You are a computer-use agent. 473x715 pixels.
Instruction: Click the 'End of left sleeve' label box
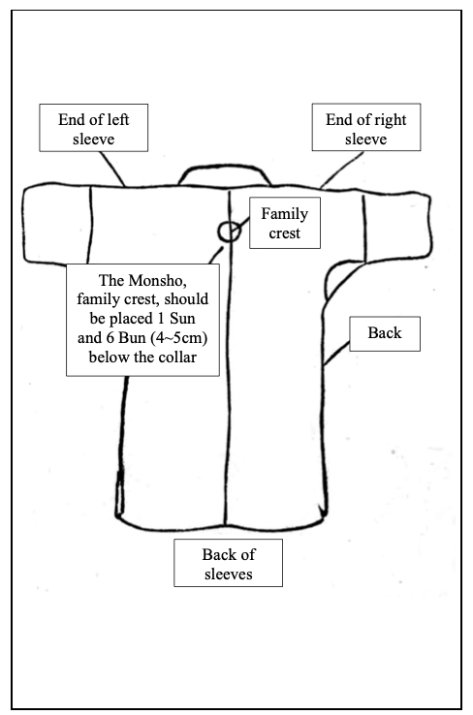pos(93,128)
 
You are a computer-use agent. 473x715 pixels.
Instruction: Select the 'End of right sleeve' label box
pos(366,127)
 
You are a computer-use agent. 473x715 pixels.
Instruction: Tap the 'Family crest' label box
pos(285,223)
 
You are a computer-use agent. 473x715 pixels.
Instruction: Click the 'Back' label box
pos(385,334)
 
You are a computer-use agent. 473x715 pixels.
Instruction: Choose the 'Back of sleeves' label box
pos(228,563)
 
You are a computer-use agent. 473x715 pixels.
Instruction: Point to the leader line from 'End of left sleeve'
pos(112,169)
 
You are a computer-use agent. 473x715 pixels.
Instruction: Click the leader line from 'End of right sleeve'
pos(342,170)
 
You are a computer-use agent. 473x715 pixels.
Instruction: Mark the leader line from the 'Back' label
pos(336,354)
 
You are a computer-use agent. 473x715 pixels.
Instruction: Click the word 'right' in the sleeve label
pos(389,120)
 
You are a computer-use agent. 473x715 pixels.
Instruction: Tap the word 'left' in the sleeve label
pos(118,119)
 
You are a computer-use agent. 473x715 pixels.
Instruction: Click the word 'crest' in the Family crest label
pos(285,233)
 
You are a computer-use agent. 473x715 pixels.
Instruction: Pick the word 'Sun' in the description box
pos(182,319)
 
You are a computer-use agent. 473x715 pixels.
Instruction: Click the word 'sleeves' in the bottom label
pos(228,575)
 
